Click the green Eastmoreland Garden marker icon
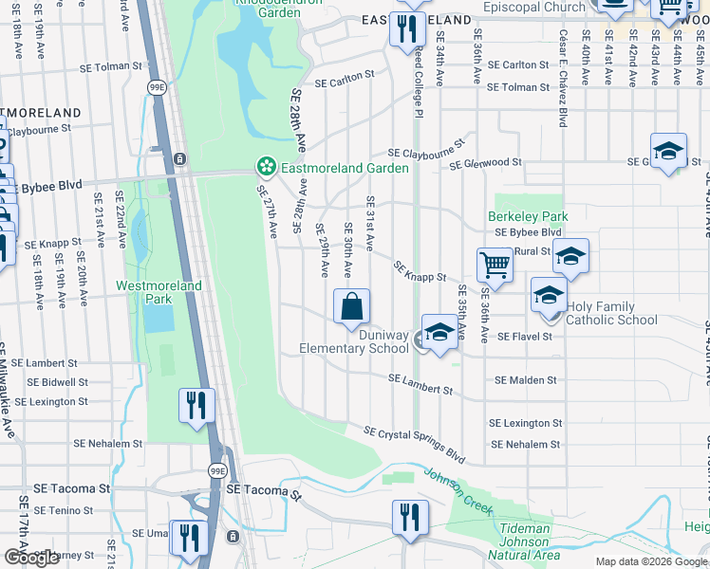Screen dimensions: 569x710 267,168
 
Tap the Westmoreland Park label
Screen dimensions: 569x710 144,291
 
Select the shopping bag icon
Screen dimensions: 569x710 351,306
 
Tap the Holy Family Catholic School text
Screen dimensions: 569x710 611,313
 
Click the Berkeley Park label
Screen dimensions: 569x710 519,216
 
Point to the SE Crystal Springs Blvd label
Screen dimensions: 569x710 415,446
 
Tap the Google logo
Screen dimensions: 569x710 31,557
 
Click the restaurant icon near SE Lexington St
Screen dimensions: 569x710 195,405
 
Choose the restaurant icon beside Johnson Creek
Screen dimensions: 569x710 410,517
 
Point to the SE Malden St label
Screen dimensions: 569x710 525,380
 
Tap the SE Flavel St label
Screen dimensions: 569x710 524,337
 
